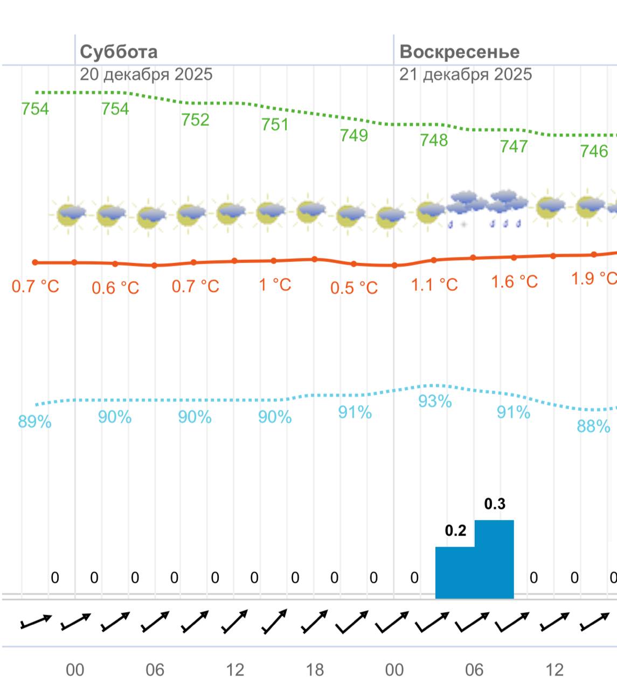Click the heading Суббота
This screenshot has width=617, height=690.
click(119, 52)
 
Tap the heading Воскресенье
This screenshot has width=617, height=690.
click(459, 52)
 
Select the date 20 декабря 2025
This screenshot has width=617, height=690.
click(146, 74)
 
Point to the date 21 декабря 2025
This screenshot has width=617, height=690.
click(465, 74)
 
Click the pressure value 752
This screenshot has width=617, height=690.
click(195, 120)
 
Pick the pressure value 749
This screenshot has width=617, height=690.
click(354, 135)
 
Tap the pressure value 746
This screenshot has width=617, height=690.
click(594, 151)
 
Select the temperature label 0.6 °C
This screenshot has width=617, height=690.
click(115, 288)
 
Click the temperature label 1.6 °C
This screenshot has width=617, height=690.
click(514, 281)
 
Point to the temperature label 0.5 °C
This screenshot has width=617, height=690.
click(354, 288)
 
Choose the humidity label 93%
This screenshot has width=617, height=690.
click(435, 402)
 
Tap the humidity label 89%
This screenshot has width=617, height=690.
click(35, 422)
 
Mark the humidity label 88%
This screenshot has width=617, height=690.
click(593, 426)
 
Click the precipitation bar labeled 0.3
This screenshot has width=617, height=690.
click(494, 559)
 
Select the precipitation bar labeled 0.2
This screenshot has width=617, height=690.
click(455, 572)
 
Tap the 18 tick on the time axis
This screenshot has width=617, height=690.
click(315, 670)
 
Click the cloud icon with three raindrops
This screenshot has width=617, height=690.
click(505, 208)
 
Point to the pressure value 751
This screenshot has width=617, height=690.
click(275, 125)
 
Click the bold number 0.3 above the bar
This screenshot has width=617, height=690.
click(495, 504)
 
